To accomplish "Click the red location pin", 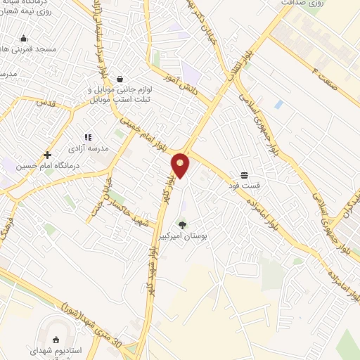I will coord(181,165).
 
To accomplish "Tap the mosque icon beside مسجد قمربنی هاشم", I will coord(24,39).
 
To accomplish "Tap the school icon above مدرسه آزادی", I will coord(87,138).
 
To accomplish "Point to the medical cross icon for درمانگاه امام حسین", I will coord(48,155).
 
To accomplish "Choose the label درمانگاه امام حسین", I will coord(47,166).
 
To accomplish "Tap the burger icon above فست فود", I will coord(244,174).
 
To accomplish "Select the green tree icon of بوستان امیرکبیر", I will coord(183,225).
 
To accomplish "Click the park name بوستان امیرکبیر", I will coord(182,236).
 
